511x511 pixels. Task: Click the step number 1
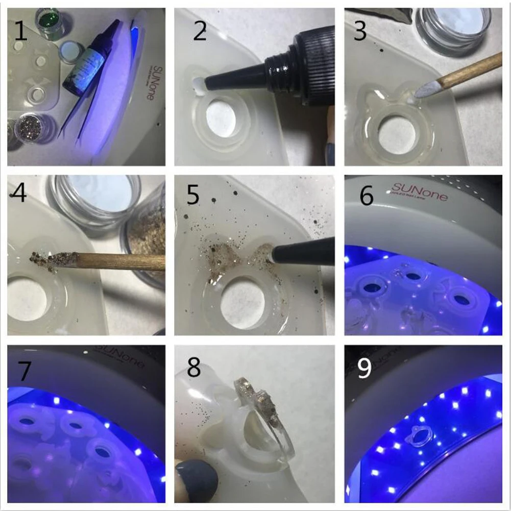(x=20, y=31)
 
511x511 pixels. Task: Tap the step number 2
(x=200, y=32)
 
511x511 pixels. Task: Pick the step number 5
(x=192, y=196)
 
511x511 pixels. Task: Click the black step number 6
(x=367, y=196)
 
